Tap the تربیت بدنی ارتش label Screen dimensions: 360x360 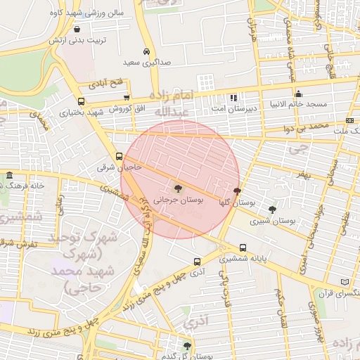pos(77,40)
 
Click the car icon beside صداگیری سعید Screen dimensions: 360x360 pos(146,52)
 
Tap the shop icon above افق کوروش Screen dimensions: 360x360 pos(127,98)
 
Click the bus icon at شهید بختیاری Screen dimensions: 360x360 pos(82,101)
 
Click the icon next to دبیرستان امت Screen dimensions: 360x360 pos(233,98)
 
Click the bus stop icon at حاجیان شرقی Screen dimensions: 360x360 pos(118,157)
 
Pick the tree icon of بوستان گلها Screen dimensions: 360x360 pos(237,191)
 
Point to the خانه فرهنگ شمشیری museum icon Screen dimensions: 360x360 pos(8,175)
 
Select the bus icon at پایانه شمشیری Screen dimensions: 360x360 pos(243,247)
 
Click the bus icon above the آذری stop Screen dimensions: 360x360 pos(197,259)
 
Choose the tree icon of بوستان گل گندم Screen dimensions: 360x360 pos(187,345)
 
